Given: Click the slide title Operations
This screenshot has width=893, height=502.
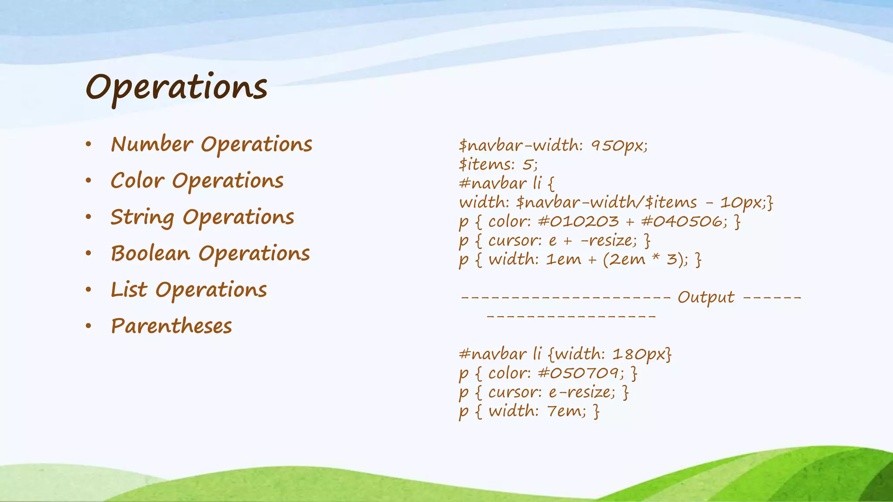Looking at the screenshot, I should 176,88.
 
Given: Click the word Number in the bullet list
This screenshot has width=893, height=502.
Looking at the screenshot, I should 152,144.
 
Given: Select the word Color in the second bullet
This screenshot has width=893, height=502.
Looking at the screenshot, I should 137,180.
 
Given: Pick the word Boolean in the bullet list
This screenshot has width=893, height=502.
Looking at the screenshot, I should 150,253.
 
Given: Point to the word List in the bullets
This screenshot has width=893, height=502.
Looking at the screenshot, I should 129,290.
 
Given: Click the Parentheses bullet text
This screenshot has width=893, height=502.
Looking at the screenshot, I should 171,326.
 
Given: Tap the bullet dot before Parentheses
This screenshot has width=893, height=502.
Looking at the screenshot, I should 89,326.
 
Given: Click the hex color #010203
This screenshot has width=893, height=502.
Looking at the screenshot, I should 578,221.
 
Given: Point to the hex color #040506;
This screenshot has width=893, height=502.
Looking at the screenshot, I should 684,221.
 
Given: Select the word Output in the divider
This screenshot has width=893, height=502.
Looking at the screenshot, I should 706,297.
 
